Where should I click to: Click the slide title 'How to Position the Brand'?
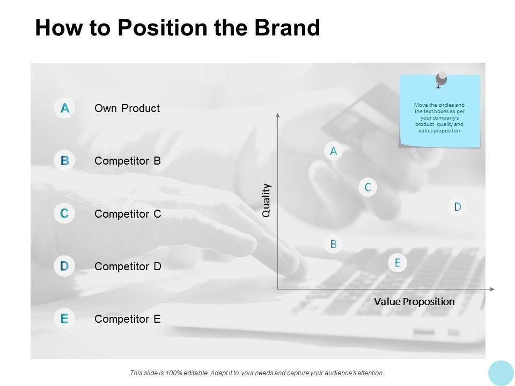178,28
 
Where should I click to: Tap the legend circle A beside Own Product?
64,108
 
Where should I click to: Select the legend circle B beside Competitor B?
64,160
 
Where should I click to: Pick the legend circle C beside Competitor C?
64,213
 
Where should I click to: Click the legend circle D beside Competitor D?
64,266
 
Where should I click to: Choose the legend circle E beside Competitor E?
64,318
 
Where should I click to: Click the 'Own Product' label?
127,108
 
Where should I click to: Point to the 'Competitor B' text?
128,161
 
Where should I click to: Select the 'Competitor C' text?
128,214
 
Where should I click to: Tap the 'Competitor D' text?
128,266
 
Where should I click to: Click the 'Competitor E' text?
128,319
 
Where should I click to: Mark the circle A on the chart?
333,151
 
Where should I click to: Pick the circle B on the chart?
333,244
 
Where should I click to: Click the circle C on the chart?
368,187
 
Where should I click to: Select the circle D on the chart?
458,207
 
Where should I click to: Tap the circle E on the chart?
398,263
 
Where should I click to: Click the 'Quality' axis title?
267,200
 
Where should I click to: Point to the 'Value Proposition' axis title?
414,301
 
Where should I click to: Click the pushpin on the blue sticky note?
442,79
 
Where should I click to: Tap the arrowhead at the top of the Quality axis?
277,115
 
